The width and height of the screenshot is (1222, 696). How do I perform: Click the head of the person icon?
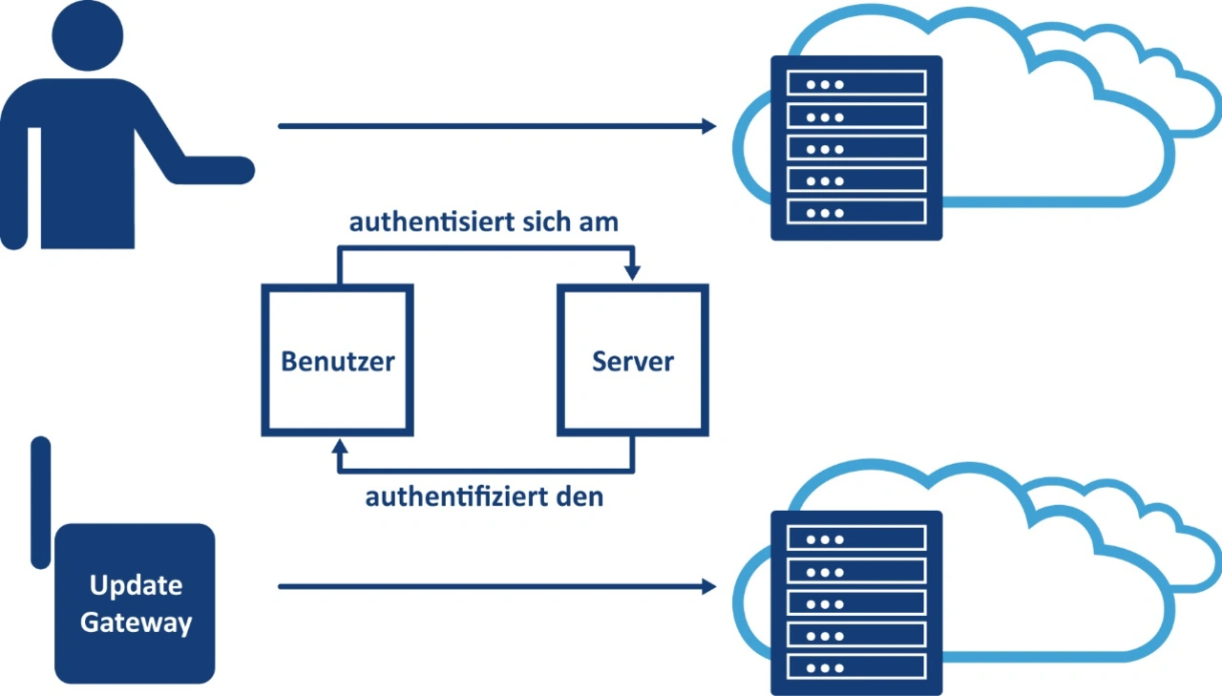(89, 35)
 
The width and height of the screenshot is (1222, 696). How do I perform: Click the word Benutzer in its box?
(337, 361)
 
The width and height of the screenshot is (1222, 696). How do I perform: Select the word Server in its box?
(632, 361)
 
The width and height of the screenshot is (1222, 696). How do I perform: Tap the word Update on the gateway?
(136, 585)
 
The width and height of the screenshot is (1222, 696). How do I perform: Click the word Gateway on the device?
(136, 622)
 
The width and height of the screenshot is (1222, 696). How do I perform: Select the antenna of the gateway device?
(41, 501)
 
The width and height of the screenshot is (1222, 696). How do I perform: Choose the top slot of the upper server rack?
(855, 84)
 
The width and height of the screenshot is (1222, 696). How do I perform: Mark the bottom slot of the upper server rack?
(855, 212)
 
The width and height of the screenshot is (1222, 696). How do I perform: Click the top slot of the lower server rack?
(855, 539)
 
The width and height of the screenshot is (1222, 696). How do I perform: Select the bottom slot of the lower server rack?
(855, 666)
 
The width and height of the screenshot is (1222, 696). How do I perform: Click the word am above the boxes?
(598, 222)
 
